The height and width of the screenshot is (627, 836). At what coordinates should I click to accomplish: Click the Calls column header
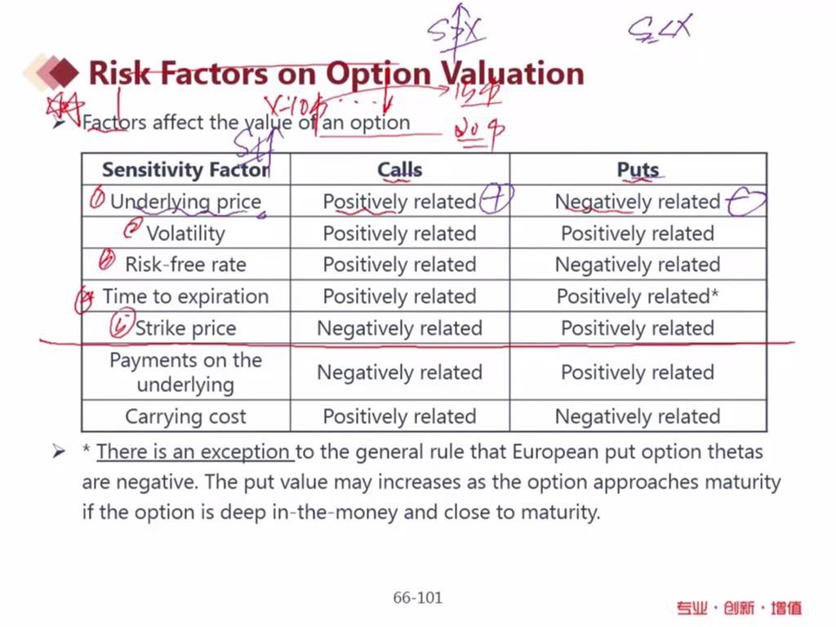(x=399, y=170)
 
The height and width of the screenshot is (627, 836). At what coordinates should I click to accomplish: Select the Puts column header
(x=638, y=170)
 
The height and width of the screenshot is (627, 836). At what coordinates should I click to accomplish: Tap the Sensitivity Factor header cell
(x=185, y=170)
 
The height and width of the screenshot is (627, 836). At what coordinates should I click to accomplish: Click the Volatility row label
(x=185, y=233)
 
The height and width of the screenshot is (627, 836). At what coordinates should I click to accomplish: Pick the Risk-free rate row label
(x=185, y=265)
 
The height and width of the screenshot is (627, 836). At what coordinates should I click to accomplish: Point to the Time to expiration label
(x=185, y=296)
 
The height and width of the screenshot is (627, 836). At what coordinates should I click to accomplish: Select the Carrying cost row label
(x=185, y=416)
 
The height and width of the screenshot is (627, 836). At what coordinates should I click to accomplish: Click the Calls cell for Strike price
(x=399, y=328)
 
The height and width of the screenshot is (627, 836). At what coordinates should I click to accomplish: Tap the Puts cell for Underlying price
(x=638, y=202)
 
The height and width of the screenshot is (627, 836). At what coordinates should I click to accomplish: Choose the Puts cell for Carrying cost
(x=638, y=416)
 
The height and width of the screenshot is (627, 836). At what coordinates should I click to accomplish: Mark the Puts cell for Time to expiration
(x=638, y=296)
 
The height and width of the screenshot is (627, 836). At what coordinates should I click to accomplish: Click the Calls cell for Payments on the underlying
(x=399, y=372)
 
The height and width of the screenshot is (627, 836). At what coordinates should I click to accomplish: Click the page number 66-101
(x=417, y=598)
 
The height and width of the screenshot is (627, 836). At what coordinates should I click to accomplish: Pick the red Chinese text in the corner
(x=739, y=607)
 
